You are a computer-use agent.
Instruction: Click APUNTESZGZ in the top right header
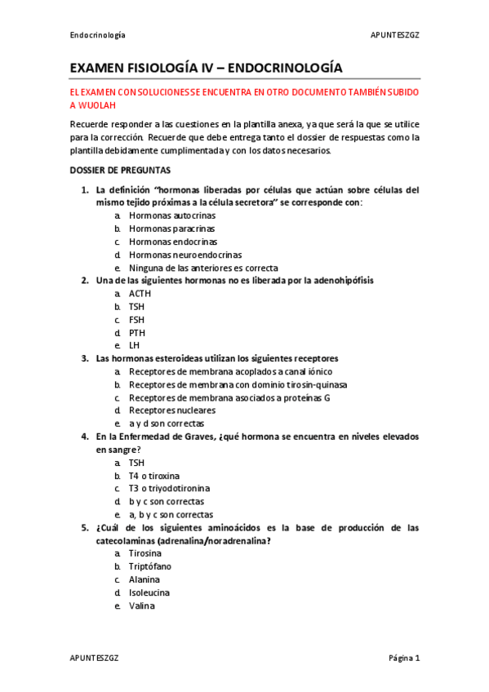pyautogui.click(x=395, y=36)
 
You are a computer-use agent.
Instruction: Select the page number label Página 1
pyautogui.click(x=403, y=658)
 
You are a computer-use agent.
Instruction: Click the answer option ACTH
pyautogui.click(x=140, y=294)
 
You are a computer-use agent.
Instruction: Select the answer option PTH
pyautogui.click(x=137, y=332)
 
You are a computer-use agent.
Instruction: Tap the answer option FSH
pyautogui.click(x=136, y=320)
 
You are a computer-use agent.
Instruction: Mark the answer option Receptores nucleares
pyautogui.click(x=172, y=410)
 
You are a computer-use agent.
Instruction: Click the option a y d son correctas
pyautogui.click(x=167, y=424)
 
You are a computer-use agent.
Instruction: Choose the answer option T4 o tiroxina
pyautogui.click(x=154, y=475)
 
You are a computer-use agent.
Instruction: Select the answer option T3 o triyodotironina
pyautogui.click(x=169, y=488)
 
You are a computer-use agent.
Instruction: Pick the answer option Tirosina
pyautogui.click(x=145, y=553)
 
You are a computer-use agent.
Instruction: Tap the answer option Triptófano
pyautogui.click(x=150, y=566)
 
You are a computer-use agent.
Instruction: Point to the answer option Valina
pyautogui.click(x=141, y=605)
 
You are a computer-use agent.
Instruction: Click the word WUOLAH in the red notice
pyautogui.click(x=97, y=106)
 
